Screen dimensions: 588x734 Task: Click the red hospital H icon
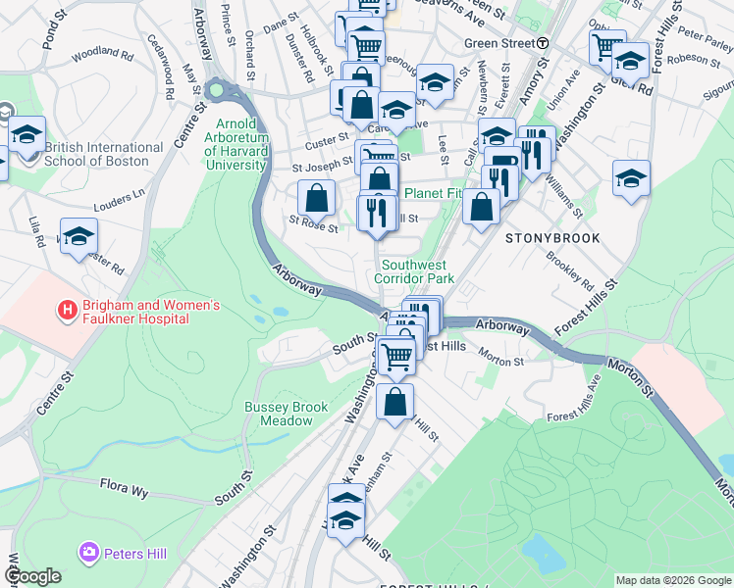[68, 312]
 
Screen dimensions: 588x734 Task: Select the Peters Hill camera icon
[90, 554]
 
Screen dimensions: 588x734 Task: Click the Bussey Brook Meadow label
[280, 414]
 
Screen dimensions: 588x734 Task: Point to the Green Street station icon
[542, 43]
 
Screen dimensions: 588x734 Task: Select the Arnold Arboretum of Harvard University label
[242, 144]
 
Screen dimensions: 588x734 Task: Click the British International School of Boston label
[104, 154]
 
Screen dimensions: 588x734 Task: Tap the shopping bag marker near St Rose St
[317, 199]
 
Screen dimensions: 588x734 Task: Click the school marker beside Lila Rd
[79, 236]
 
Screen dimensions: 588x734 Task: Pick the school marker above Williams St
[631, 179]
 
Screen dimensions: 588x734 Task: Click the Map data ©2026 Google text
[672, 580]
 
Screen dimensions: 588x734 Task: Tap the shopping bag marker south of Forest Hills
[394, 403]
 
